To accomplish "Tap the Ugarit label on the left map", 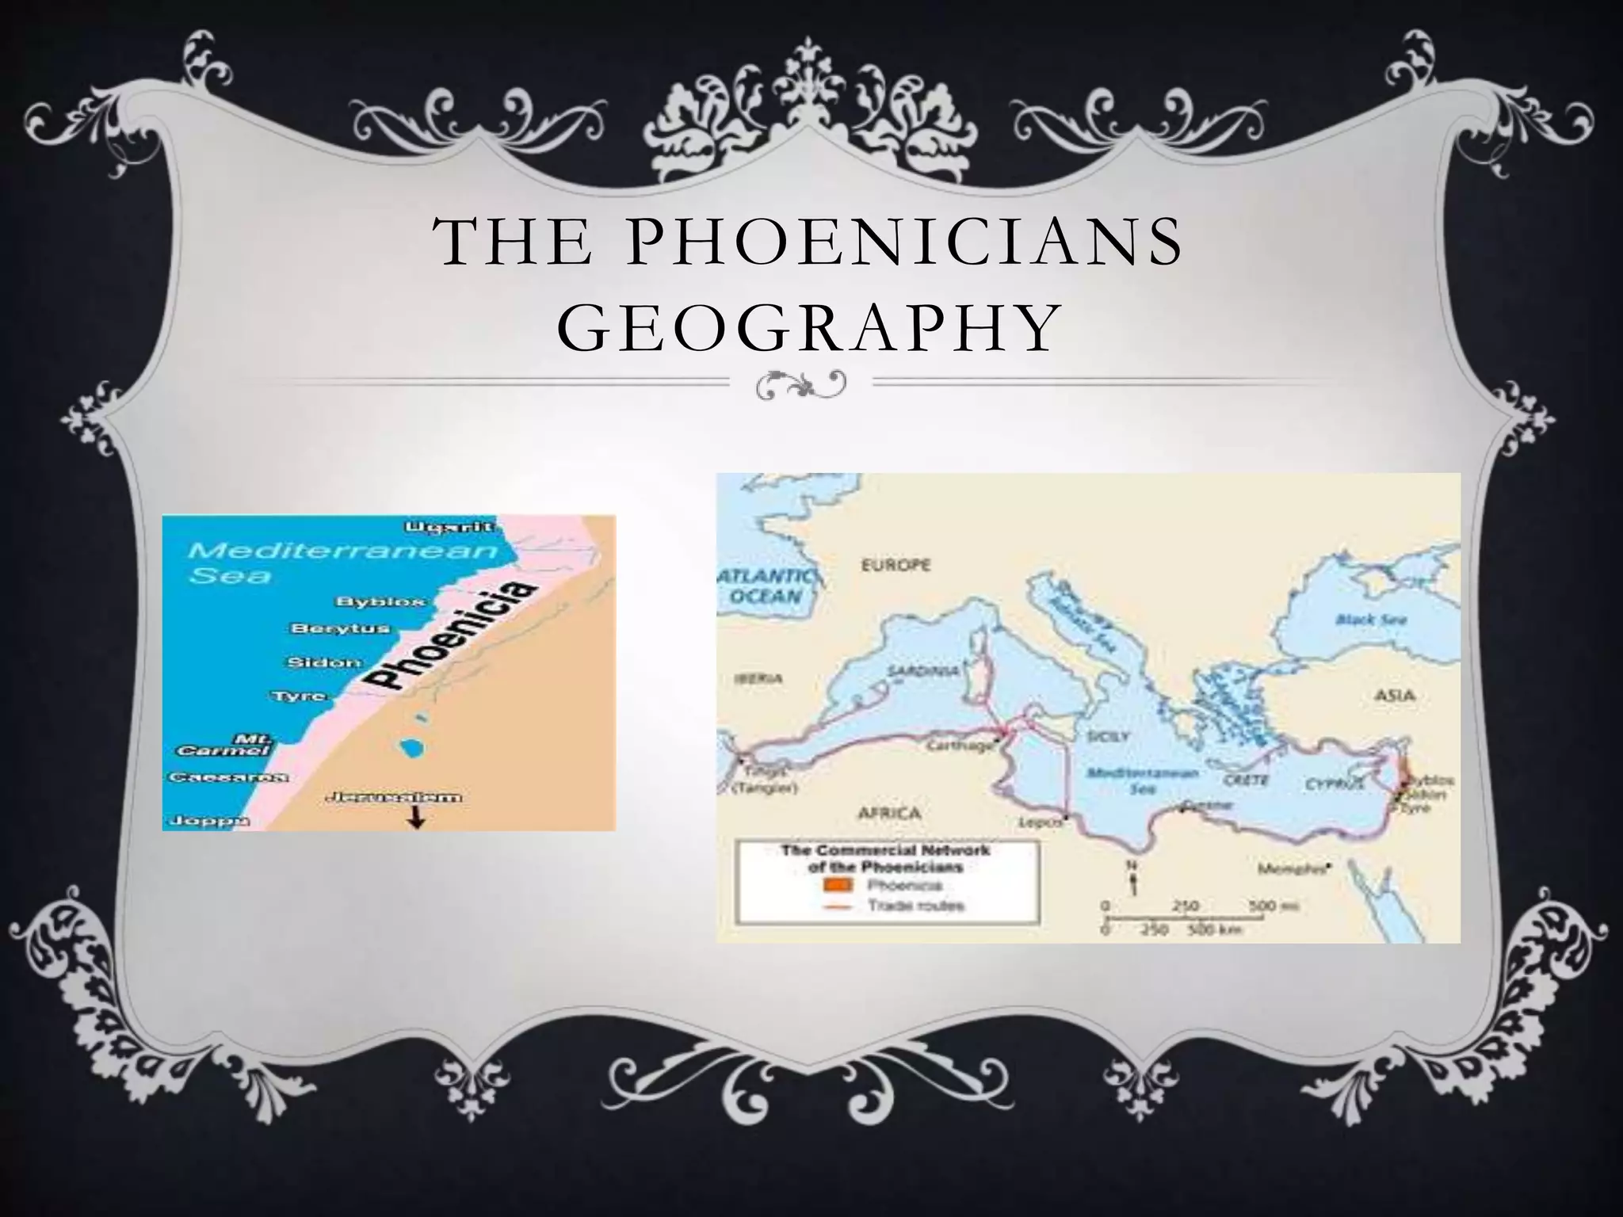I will (450, 527).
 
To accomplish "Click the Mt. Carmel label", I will (220, 743).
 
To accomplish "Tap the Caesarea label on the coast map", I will (227, 777).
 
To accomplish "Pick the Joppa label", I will (205, 820).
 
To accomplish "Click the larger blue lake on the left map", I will (411, 747).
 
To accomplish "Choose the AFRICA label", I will (889, 813).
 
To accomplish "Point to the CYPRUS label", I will (1335, 784).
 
